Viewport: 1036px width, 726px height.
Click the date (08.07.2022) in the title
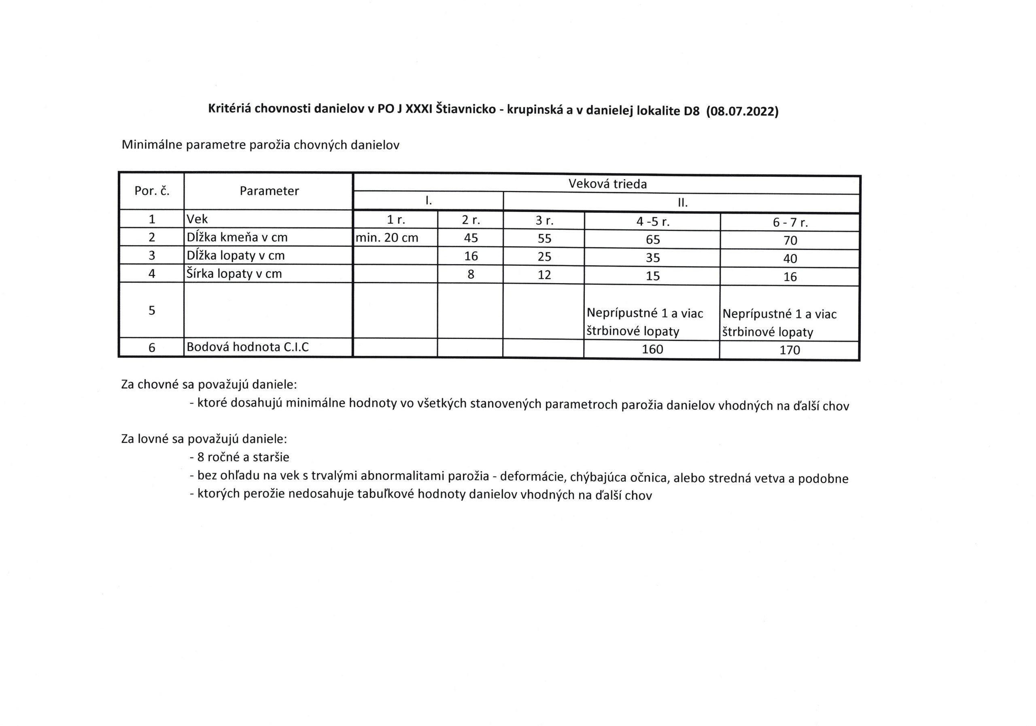coord(742,111)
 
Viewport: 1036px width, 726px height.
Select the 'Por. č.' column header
coord(152,191)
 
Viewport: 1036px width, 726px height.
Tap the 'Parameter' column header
coord(269,191)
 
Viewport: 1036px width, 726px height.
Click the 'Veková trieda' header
coord(607,184)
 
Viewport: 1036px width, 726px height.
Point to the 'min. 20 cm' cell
coord(387,238)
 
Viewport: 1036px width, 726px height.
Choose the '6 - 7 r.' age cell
coord(790,222)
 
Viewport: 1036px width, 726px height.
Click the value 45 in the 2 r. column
coord(471,238)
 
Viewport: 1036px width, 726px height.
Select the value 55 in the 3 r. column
coord(544,238)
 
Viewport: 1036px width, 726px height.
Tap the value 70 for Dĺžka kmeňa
coord(790,240)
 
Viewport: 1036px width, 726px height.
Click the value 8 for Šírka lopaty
coord(471,274)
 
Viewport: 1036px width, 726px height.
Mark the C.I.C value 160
coord(652,349)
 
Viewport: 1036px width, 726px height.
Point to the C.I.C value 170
coord(790,350)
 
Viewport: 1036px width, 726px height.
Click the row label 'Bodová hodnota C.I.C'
coord(248,347)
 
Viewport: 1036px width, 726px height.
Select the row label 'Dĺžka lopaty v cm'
coord(236,256)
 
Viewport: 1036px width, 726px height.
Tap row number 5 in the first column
coord(152,310)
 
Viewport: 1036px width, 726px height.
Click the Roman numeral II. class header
coord(682,203)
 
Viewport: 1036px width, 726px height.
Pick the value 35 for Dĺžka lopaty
coord(652,258)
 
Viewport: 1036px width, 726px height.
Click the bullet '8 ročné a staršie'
coord(243,457)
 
